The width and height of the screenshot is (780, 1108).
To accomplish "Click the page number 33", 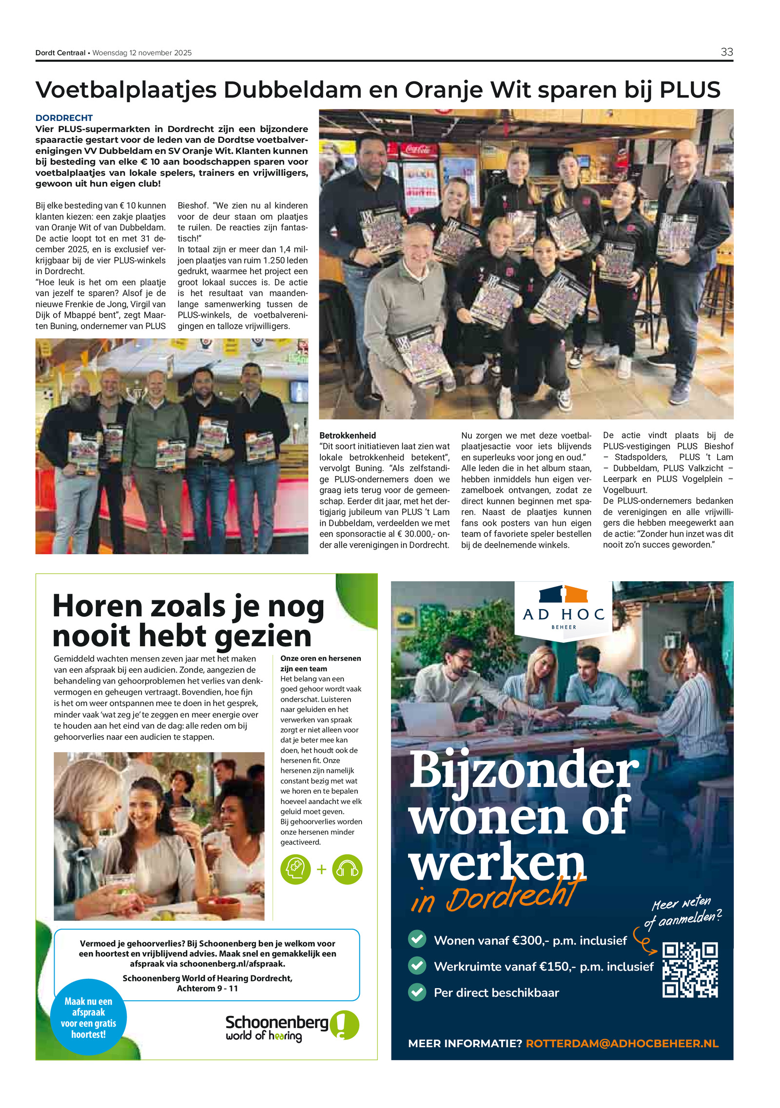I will point(726,52).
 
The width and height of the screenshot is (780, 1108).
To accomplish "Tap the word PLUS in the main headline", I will point(689,90).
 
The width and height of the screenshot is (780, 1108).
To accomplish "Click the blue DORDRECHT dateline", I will point(64,118).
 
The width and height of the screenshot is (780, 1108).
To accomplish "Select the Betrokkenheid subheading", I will point(348,435).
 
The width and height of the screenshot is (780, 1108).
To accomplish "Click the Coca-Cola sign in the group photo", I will point(417,149).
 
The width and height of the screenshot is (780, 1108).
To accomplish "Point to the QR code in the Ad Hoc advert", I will point(690,970).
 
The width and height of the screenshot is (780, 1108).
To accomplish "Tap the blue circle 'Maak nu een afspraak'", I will point(88,1017).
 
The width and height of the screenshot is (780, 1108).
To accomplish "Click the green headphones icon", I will point(347,869).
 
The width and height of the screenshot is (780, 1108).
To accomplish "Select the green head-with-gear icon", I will point(295,869).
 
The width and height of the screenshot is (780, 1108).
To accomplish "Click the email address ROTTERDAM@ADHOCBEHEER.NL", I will point(622,1043).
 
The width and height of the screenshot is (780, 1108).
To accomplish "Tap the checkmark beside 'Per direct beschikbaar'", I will point(417,992).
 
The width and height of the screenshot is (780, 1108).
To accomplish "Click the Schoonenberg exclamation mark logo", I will point(344,1025).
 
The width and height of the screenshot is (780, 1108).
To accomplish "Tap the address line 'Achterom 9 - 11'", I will point(207,988).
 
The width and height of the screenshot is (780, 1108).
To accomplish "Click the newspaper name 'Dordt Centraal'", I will point(60,53).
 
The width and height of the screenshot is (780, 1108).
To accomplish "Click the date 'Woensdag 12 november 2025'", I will point(142,53).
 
